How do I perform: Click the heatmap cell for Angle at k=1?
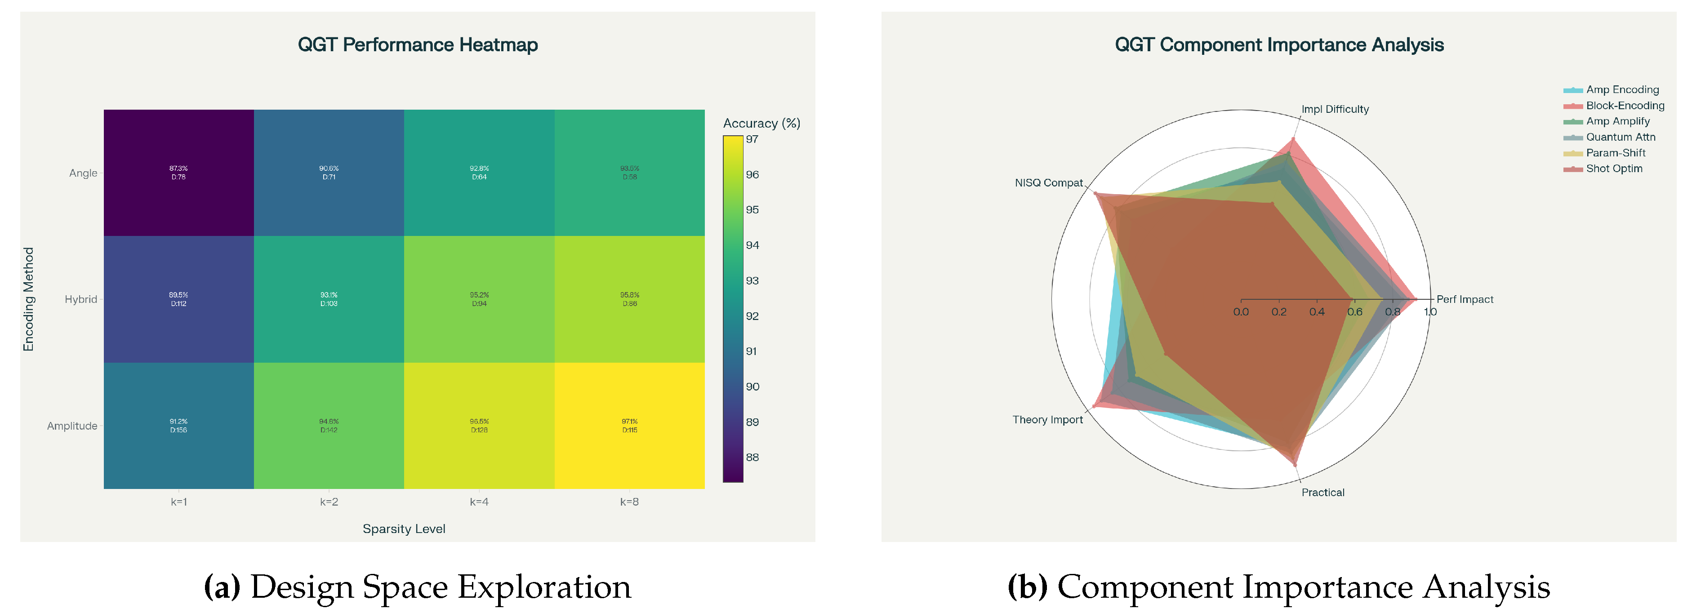(178, 173)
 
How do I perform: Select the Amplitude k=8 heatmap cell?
(629, 425)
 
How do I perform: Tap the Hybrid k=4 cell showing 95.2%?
(479, 299)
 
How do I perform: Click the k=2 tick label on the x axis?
(329, 502)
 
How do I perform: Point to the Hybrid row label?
(81, 300)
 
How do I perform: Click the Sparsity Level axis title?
(404, 529)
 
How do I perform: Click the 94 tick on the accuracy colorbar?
(752, 245)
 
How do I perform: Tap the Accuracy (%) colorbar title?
(761, 124)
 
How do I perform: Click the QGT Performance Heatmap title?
(418, 44)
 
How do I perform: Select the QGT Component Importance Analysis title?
(1279, 44)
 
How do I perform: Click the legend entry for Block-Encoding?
(1624, 106)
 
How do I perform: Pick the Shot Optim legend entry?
(1613, 169)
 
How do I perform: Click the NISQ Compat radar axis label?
(1048, 182)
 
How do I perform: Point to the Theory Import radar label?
(1047, 420)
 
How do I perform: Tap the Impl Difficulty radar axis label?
(1335, 109)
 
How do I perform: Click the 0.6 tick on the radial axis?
(1354, 312)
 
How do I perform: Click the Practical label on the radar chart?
(1322, 493)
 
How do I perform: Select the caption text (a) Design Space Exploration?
(418, 587)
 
